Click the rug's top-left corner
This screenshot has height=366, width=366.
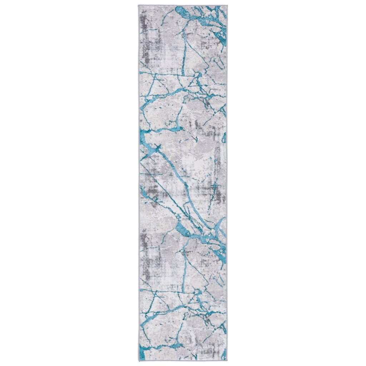coord(139,5)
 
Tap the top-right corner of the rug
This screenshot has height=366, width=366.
coord(227,5)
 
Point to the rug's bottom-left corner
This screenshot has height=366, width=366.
coord(139,360)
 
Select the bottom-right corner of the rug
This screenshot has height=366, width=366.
coord(227,360)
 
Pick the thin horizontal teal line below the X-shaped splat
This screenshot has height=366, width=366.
coord(154,174)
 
